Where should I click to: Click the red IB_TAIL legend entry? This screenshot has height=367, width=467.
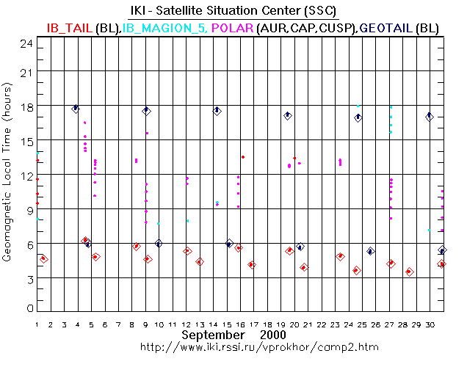[x=69, y=27]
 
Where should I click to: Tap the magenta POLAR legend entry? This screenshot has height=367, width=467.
[x=233, y=27]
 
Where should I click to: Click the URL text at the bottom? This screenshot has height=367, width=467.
[x=233, y=346]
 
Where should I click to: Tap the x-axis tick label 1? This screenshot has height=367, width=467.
[x=37, y=323]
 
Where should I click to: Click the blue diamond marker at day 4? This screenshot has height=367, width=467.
[x=76, y=109]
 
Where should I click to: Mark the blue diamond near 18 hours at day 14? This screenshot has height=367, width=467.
[x=217, y=111]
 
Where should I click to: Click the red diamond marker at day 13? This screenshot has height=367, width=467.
[x=200, y=262]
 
